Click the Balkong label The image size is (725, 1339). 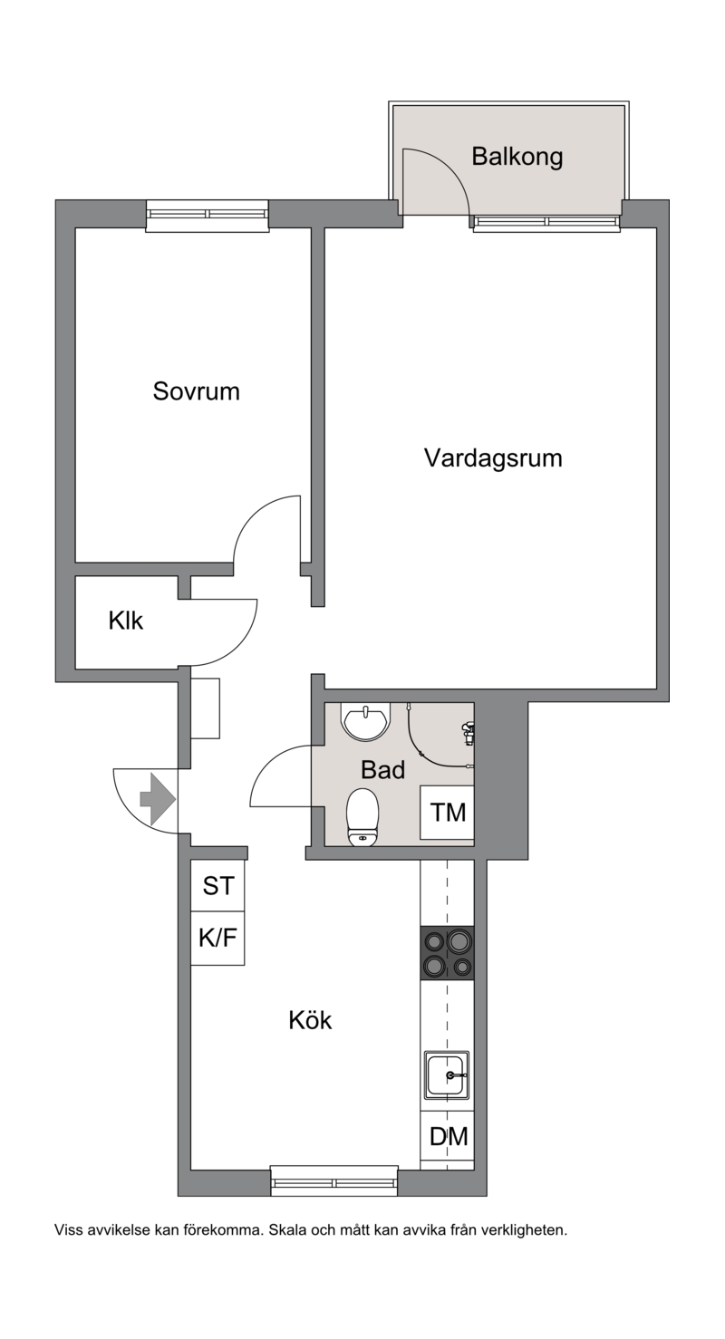(x=517, y=157)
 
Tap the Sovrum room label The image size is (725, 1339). (x=197, y=391)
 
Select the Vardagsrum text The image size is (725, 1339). (x=494, y=458)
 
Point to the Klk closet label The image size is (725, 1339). (x=126, y=621)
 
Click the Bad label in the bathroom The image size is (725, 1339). (x=382, y=770)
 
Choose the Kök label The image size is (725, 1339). (x=310, y=1020)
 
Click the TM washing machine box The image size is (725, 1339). (x=448, y=813)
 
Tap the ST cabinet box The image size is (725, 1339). (x=217, y=886)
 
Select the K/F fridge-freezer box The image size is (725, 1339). (x=217, y=939)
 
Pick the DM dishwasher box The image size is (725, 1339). (x=448, y=1136)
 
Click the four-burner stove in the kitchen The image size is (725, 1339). (x=448, y=953)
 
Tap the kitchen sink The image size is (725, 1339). (x=447, y=1075)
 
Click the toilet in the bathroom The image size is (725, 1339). (x=362, y=818)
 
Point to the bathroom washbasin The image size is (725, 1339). (x=365, y=721)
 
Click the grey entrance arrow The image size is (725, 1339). (x=158, y=799)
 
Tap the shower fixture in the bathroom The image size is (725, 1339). (x=468, y=733)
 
